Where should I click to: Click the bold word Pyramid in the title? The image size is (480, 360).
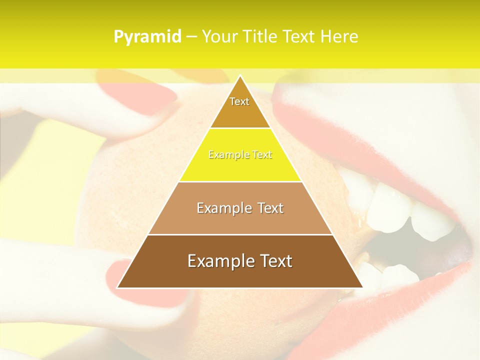click(x=147, y=37)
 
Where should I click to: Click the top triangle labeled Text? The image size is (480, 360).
click(x=239, y=107)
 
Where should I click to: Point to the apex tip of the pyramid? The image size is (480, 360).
click(x=240, y=76)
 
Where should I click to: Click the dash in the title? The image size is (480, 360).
click(x=191, y=37)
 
